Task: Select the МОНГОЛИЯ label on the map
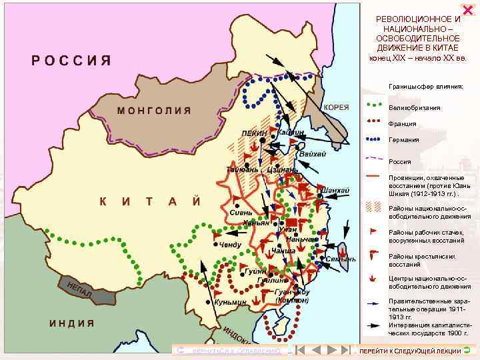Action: coord(155,110)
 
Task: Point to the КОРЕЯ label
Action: coord(336,107)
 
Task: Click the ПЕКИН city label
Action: coord(255,133)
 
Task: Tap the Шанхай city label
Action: coord(335,191)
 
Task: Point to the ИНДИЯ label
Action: coord(72,323)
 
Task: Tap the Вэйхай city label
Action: coord(313,154)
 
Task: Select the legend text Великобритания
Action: coord(414,107)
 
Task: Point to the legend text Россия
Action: coord(400,161)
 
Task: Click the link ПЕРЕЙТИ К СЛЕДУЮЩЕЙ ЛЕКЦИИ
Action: coord(410,351)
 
